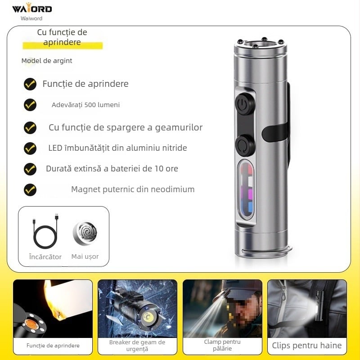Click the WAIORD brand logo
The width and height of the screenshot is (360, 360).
[x=32, y=9]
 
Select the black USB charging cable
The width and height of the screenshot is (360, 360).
[x=45, y=232]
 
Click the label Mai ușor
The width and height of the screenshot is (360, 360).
[x=85, y=256]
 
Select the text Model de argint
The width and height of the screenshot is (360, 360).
[x=47, y=61]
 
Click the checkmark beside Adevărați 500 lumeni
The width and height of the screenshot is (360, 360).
[x=30, y=105]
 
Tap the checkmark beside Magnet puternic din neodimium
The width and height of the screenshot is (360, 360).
[x=30, y=189]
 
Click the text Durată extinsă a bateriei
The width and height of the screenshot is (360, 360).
[x=112, y=169]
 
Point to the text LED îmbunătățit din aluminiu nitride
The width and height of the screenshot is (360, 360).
[x=117, y=148]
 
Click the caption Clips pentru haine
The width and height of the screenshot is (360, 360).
[x=306, y=346]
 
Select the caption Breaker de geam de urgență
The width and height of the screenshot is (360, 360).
[x=137, y=346]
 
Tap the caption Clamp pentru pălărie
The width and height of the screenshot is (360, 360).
[x=222, y=346]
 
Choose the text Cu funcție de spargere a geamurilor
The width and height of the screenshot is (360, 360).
[x=126, y=127]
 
